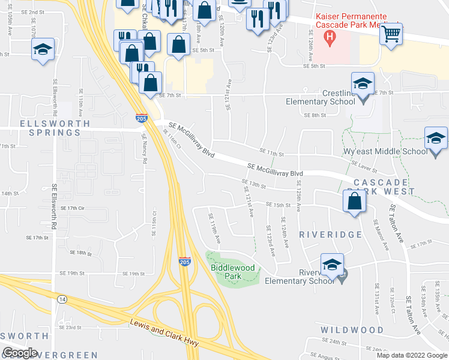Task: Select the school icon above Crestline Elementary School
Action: [363, 84]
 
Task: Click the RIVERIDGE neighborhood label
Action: [330, 235]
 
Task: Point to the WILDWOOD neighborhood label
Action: [352, 330]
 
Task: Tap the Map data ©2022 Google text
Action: [412, 355]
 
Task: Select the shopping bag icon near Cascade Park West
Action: [354, 202]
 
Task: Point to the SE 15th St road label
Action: [278, 205]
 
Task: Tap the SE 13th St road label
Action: [253, 183]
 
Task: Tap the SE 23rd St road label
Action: [70, 328]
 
